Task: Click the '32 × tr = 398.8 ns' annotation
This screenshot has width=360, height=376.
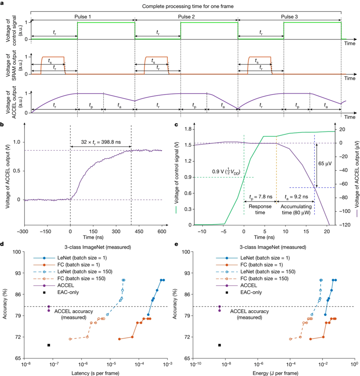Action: point(100,143)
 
